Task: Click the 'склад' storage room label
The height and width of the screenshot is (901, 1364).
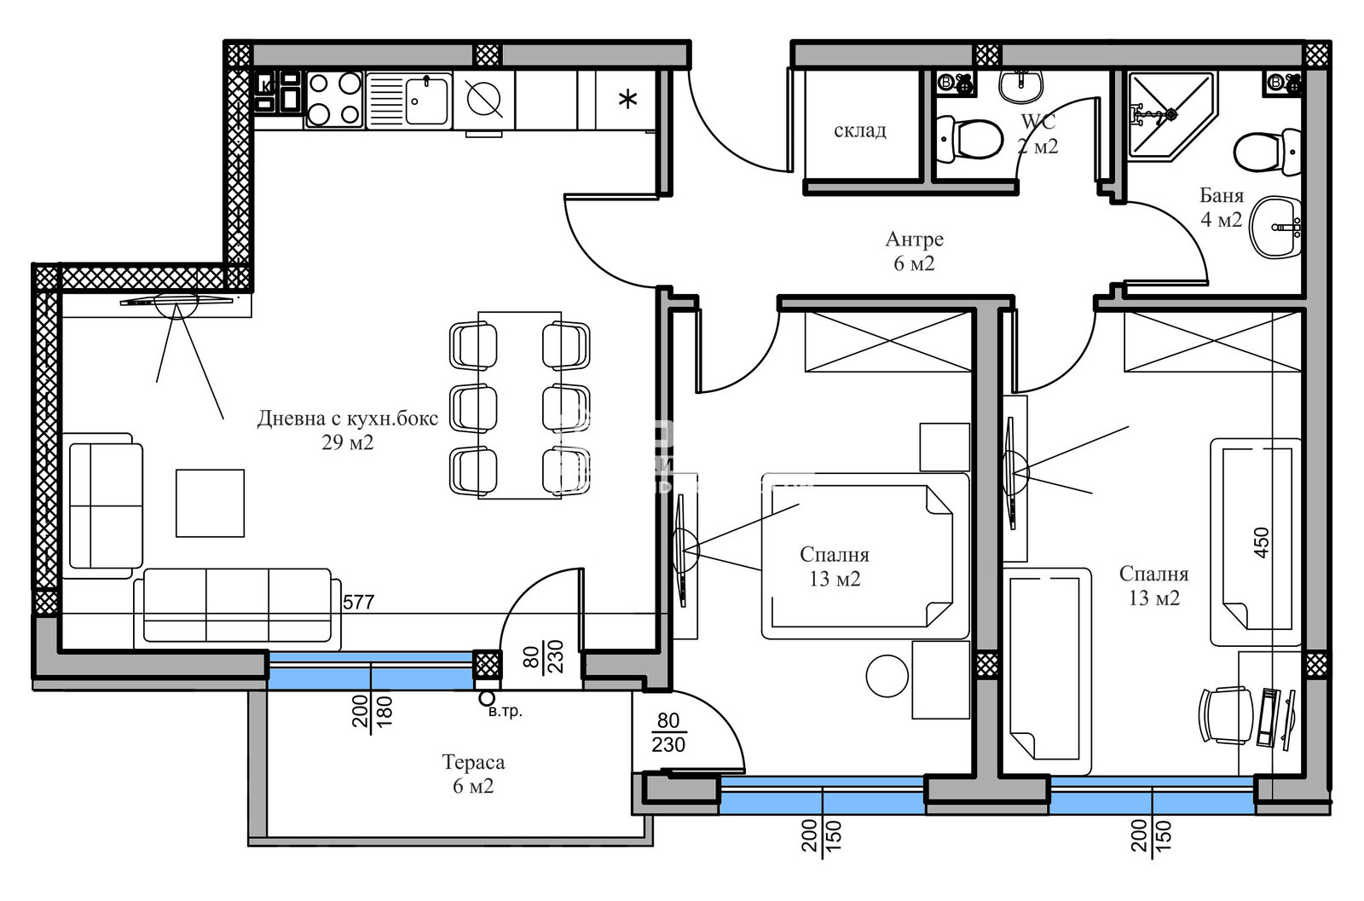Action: coord(859,130)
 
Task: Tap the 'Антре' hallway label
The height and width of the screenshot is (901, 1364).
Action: coord(914,240)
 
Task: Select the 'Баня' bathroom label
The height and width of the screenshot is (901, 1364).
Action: coord(1221,196)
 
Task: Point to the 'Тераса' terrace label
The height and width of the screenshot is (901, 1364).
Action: coord(473,762)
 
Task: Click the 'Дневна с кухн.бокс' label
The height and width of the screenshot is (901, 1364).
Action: coord(348,419)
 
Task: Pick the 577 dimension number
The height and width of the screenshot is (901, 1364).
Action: coord(358,602)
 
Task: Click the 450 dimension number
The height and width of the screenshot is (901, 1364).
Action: coord(1262,542)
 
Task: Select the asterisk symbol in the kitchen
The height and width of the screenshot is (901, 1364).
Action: coord(627,100)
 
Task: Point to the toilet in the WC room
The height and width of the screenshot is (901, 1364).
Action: coord(972,139)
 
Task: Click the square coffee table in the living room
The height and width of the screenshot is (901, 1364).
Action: coord(210,503)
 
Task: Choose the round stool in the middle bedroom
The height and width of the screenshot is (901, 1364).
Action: coord(887,676)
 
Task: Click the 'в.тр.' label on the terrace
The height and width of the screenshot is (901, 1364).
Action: coord(505,711)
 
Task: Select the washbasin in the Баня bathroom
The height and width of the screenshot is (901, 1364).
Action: coord(1277,228)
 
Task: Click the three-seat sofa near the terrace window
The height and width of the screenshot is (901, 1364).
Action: coord(237,605)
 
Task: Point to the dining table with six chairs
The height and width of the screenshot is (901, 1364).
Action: coord(519,405)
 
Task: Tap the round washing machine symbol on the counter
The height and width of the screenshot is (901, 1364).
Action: coord(483,100)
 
